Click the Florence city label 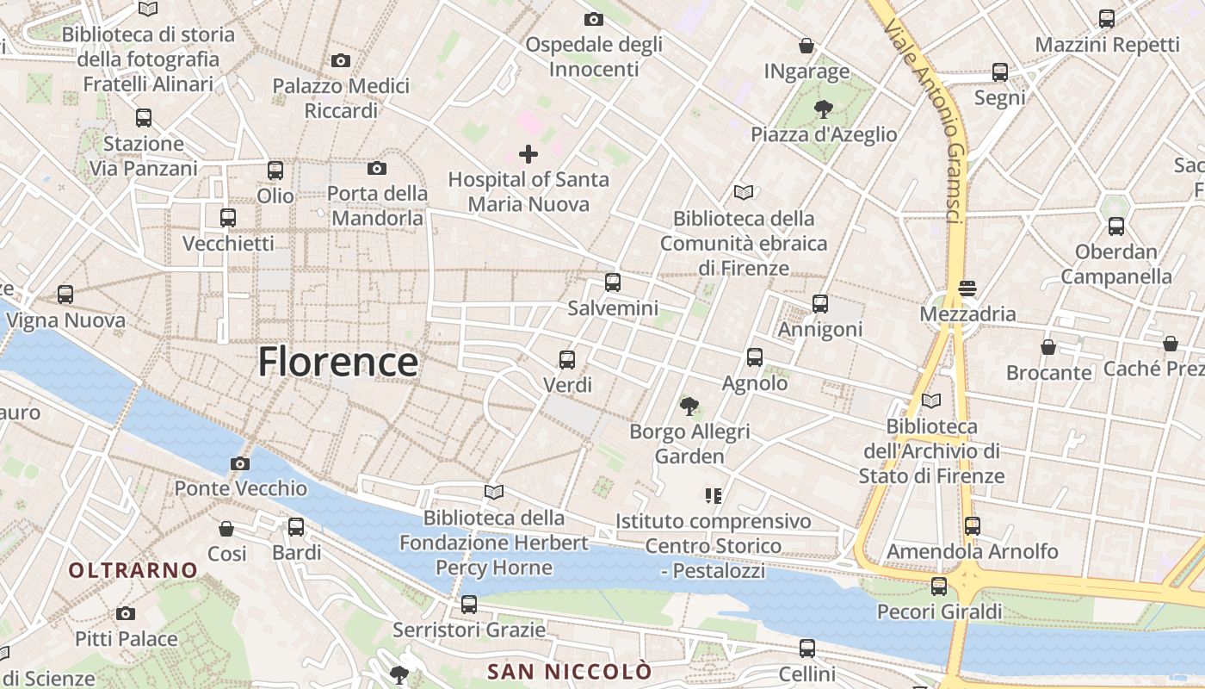338,362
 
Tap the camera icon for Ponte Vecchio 240,464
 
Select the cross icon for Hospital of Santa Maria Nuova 528,154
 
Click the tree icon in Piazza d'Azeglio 824,109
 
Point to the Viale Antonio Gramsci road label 924,121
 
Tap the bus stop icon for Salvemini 613,282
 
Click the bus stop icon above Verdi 567,360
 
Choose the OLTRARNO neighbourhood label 133,570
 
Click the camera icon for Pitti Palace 126,614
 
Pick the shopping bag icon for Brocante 1048,348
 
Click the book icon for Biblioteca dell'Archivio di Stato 930,400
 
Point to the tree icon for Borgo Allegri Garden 689,406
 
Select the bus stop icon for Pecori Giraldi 939,587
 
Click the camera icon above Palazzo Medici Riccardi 341,61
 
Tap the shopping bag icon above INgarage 806,46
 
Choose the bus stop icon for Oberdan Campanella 1116,227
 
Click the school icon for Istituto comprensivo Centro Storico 713,496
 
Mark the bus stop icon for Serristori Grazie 469,605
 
